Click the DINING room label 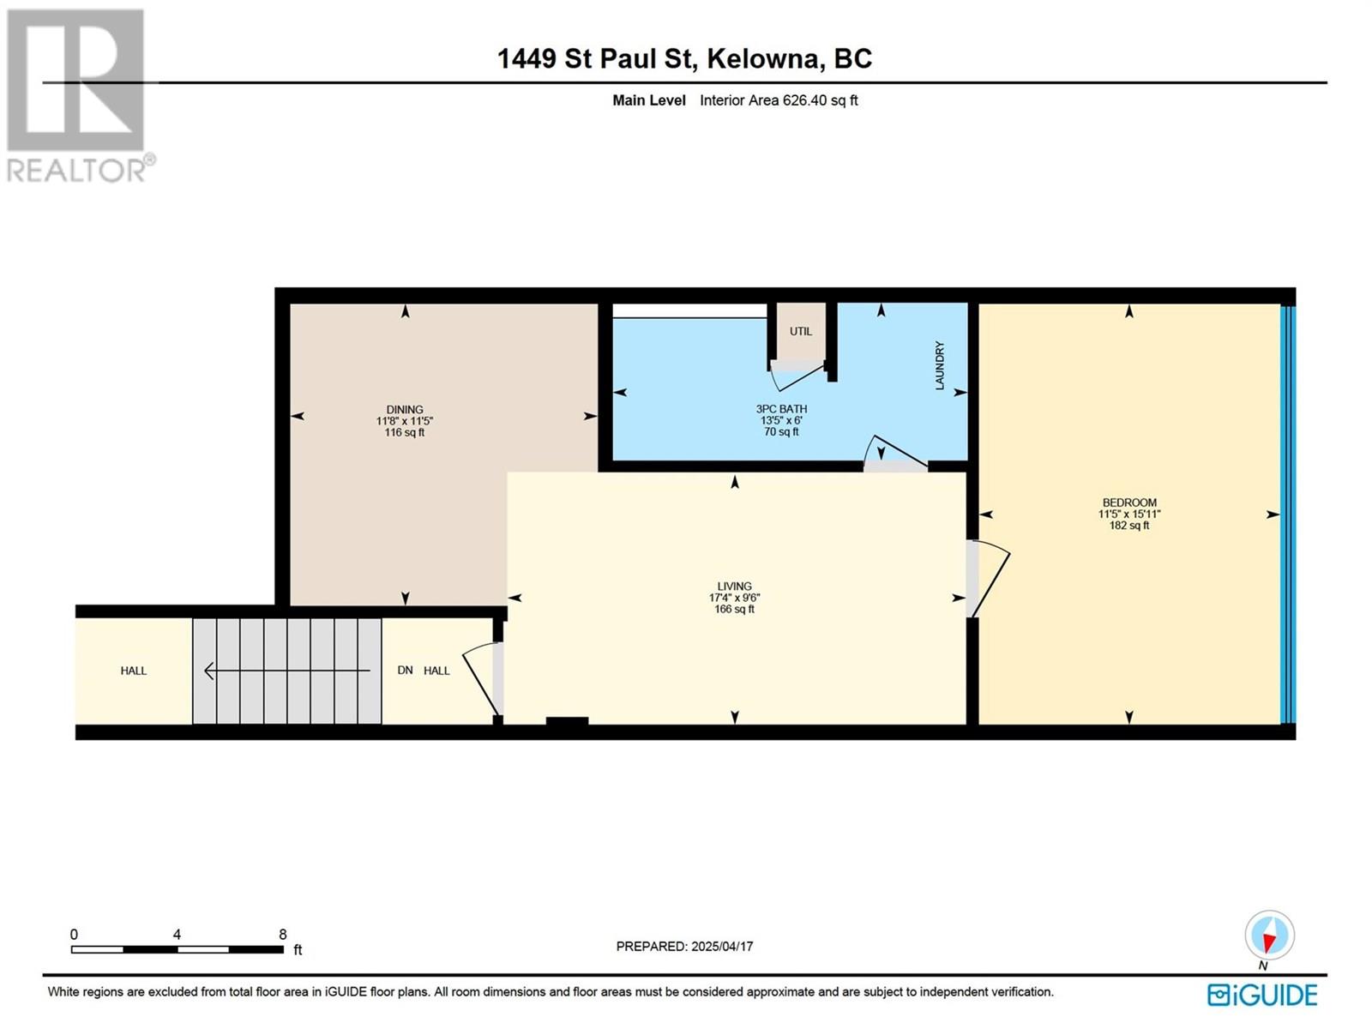[404, 410]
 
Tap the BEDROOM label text [1128, 502]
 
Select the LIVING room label [734, 587]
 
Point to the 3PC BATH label [781, 409]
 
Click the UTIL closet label [800, 331]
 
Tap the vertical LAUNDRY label [940, 366]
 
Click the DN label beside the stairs [405, 671]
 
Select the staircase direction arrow [286, 671]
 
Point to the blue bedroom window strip [1287, 514]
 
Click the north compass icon [1268, 936]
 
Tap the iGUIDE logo [1261, 995]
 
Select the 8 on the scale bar [282, 935]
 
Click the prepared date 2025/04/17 [721, 947]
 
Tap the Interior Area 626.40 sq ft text [778, 100]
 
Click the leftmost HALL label [133, 671]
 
